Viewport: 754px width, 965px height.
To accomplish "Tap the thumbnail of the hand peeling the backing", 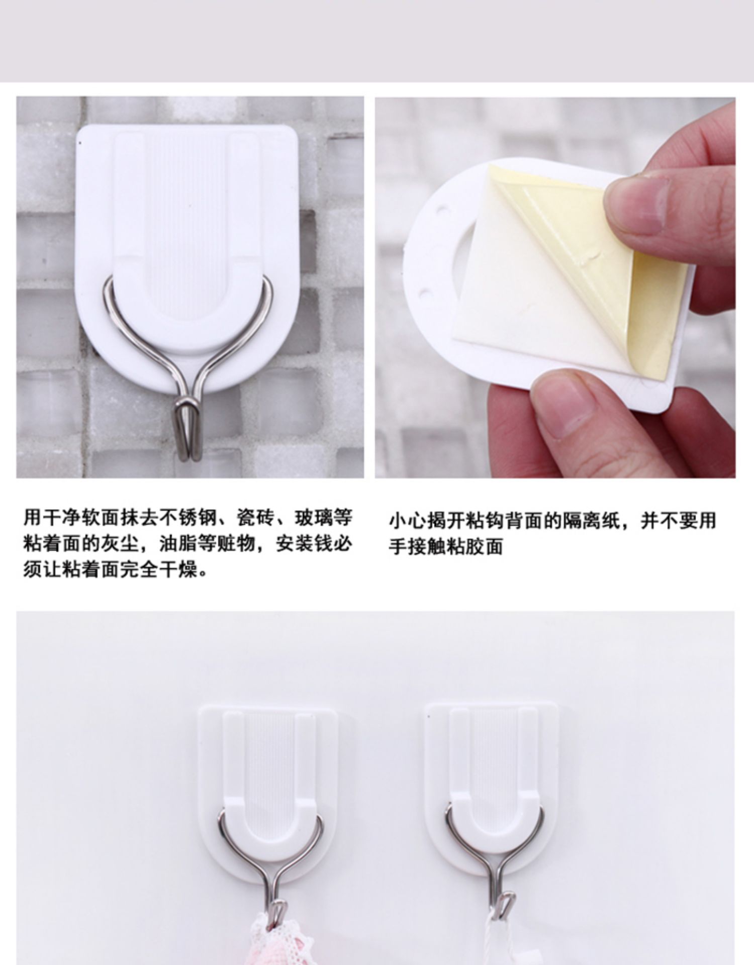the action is (555, 287).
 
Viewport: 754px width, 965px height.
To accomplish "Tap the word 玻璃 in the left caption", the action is (314, 518).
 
